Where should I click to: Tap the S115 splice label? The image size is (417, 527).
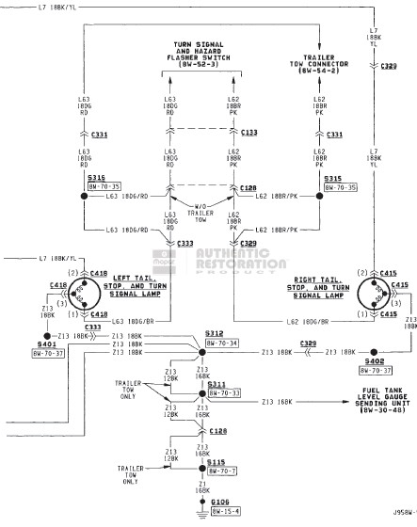point(217,461)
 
